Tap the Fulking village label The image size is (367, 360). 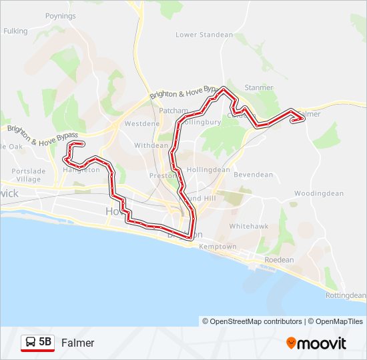tap(15, 31)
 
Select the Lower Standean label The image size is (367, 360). tap(204, 35)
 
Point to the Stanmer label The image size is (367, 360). tap(259, 87)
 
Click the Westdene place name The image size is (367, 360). tap(142, 124)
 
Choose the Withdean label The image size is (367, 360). tap(151, 145)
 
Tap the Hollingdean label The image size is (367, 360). tap(208, 169)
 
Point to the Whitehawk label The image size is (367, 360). tap(249, 226)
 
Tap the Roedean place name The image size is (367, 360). tap(279, 260)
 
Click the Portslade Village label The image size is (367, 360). tap(26, 175)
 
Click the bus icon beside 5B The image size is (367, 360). tap(31, 343)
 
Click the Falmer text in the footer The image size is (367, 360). tap(78, 343)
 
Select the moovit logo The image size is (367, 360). tap(316, 343)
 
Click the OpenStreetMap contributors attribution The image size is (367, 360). tap(252, 321)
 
